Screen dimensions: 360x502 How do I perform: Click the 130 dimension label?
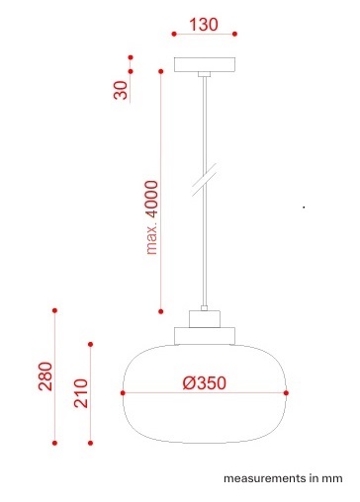point(204,25)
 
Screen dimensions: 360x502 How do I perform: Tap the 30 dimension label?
point(121,90)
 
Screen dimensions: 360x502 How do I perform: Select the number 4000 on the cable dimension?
point(152,199)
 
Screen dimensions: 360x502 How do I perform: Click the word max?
point(152,240)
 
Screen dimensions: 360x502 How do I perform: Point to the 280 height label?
point(45,376)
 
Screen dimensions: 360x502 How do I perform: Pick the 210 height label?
point(81,393)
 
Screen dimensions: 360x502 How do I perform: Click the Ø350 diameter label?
point(205,382)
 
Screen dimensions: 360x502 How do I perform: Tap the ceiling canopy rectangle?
point(205,64)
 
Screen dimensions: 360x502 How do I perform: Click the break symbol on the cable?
point(205,180)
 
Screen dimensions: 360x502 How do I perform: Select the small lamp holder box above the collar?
point(205,319)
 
